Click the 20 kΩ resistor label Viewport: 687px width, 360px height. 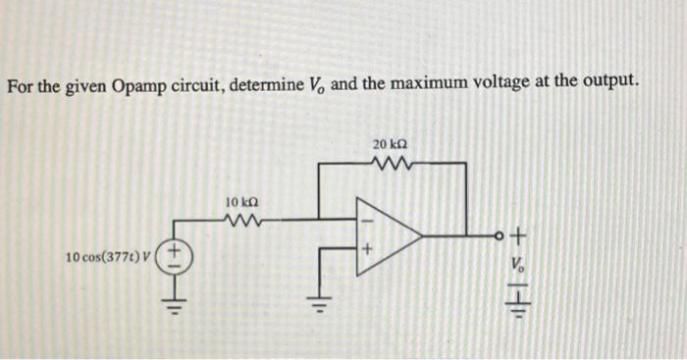tap(390, 145)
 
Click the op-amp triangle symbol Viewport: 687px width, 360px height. tap(386, 235)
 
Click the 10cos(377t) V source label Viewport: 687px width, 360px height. tap(109, 258)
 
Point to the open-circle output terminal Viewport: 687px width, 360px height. tap(498, 236)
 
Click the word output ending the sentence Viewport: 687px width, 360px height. tap(608, 85)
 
